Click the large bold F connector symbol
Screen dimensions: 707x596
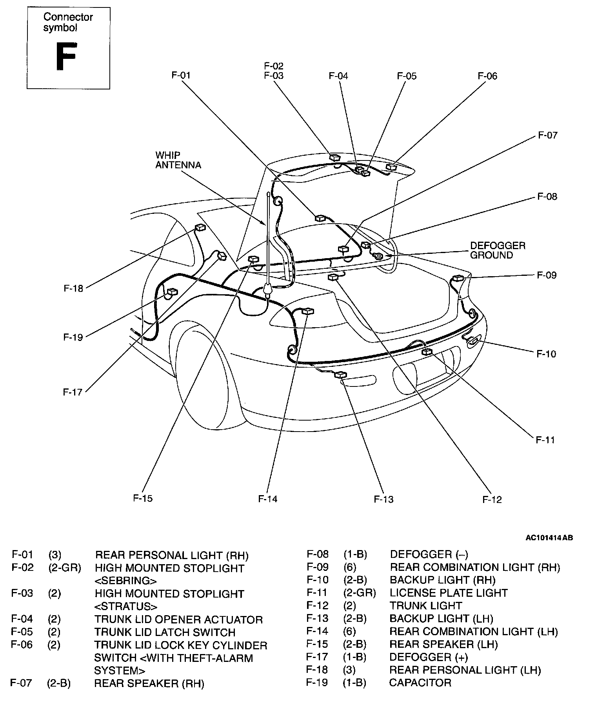point(65,56)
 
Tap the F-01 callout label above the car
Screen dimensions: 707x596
point(181,75)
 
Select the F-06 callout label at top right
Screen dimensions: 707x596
point(487,76)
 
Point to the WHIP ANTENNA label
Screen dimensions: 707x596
point(178,160)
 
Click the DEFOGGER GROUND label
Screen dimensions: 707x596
point(497,250)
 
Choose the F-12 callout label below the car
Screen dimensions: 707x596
point(492,499)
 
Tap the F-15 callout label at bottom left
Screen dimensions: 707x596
point(143,498)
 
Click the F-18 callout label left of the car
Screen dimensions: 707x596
point(73,288)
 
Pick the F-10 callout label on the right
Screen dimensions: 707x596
point(546,354)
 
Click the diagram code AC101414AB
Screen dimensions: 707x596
point(549,538)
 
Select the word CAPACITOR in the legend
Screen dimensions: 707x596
point(420,682)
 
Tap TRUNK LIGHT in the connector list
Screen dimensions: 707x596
point(426,605)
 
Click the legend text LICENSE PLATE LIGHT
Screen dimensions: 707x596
point(449,592)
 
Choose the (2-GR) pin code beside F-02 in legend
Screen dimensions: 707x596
point(65,568)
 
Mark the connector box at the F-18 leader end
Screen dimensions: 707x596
point(200,228)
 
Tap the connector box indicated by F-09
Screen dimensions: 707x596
point(458,278)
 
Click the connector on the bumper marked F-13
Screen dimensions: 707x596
point(340,375)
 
